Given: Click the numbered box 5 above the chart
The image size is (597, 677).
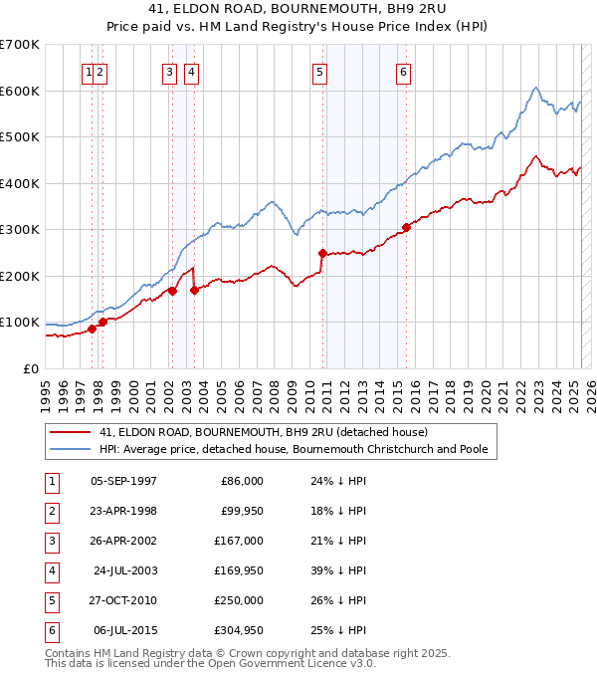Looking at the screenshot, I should tap(319, 71).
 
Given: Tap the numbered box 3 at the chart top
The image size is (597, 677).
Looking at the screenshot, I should tap(170, 71).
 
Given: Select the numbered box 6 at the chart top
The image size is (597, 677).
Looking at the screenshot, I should tap(404, 71).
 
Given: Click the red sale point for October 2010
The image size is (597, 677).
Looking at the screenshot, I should tap(322, 253).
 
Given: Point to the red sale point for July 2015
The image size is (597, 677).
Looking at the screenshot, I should tap(406, 227).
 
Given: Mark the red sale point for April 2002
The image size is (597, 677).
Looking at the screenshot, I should tap(172, 291).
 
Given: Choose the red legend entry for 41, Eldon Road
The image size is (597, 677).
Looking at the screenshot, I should tap(263, 432).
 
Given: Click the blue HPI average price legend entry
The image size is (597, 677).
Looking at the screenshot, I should tap(293, 450).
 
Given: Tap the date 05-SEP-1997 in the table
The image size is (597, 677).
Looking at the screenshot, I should tap(123, 481).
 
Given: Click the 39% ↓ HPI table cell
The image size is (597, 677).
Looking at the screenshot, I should tap(337, 570).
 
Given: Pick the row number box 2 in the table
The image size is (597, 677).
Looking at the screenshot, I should tap(50, 511).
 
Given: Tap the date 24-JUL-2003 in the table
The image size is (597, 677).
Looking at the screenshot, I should tap(123, 570).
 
